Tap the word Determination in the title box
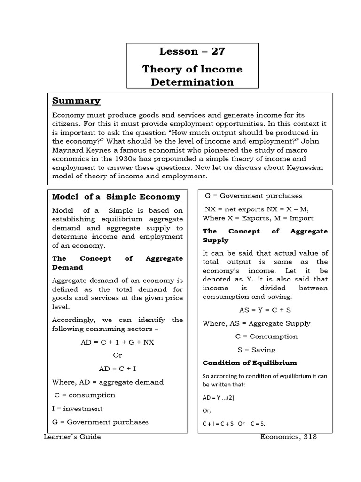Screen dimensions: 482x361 [x=192, y=82]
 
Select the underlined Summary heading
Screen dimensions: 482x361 [x=76, y=101]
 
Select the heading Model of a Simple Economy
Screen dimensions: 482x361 [x=116, y=197]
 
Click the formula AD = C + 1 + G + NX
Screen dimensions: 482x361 [x=117, y=342]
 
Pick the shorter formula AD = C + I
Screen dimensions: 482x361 [x=117, y=369]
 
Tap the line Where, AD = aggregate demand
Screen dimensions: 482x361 [x=108, y=382]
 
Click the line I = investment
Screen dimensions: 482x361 [x=77, y=408]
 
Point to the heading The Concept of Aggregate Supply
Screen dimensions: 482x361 [x=265, y=235]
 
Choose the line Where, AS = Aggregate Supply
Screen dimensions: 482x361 [x=256, y=323]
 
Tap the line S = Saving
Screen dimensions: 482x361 [x=256, y=350]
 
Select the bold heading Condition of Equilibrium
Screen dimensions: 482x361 [x=250, y=363]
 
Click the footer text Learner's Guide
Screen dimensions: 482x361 [x=72, y=437]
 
